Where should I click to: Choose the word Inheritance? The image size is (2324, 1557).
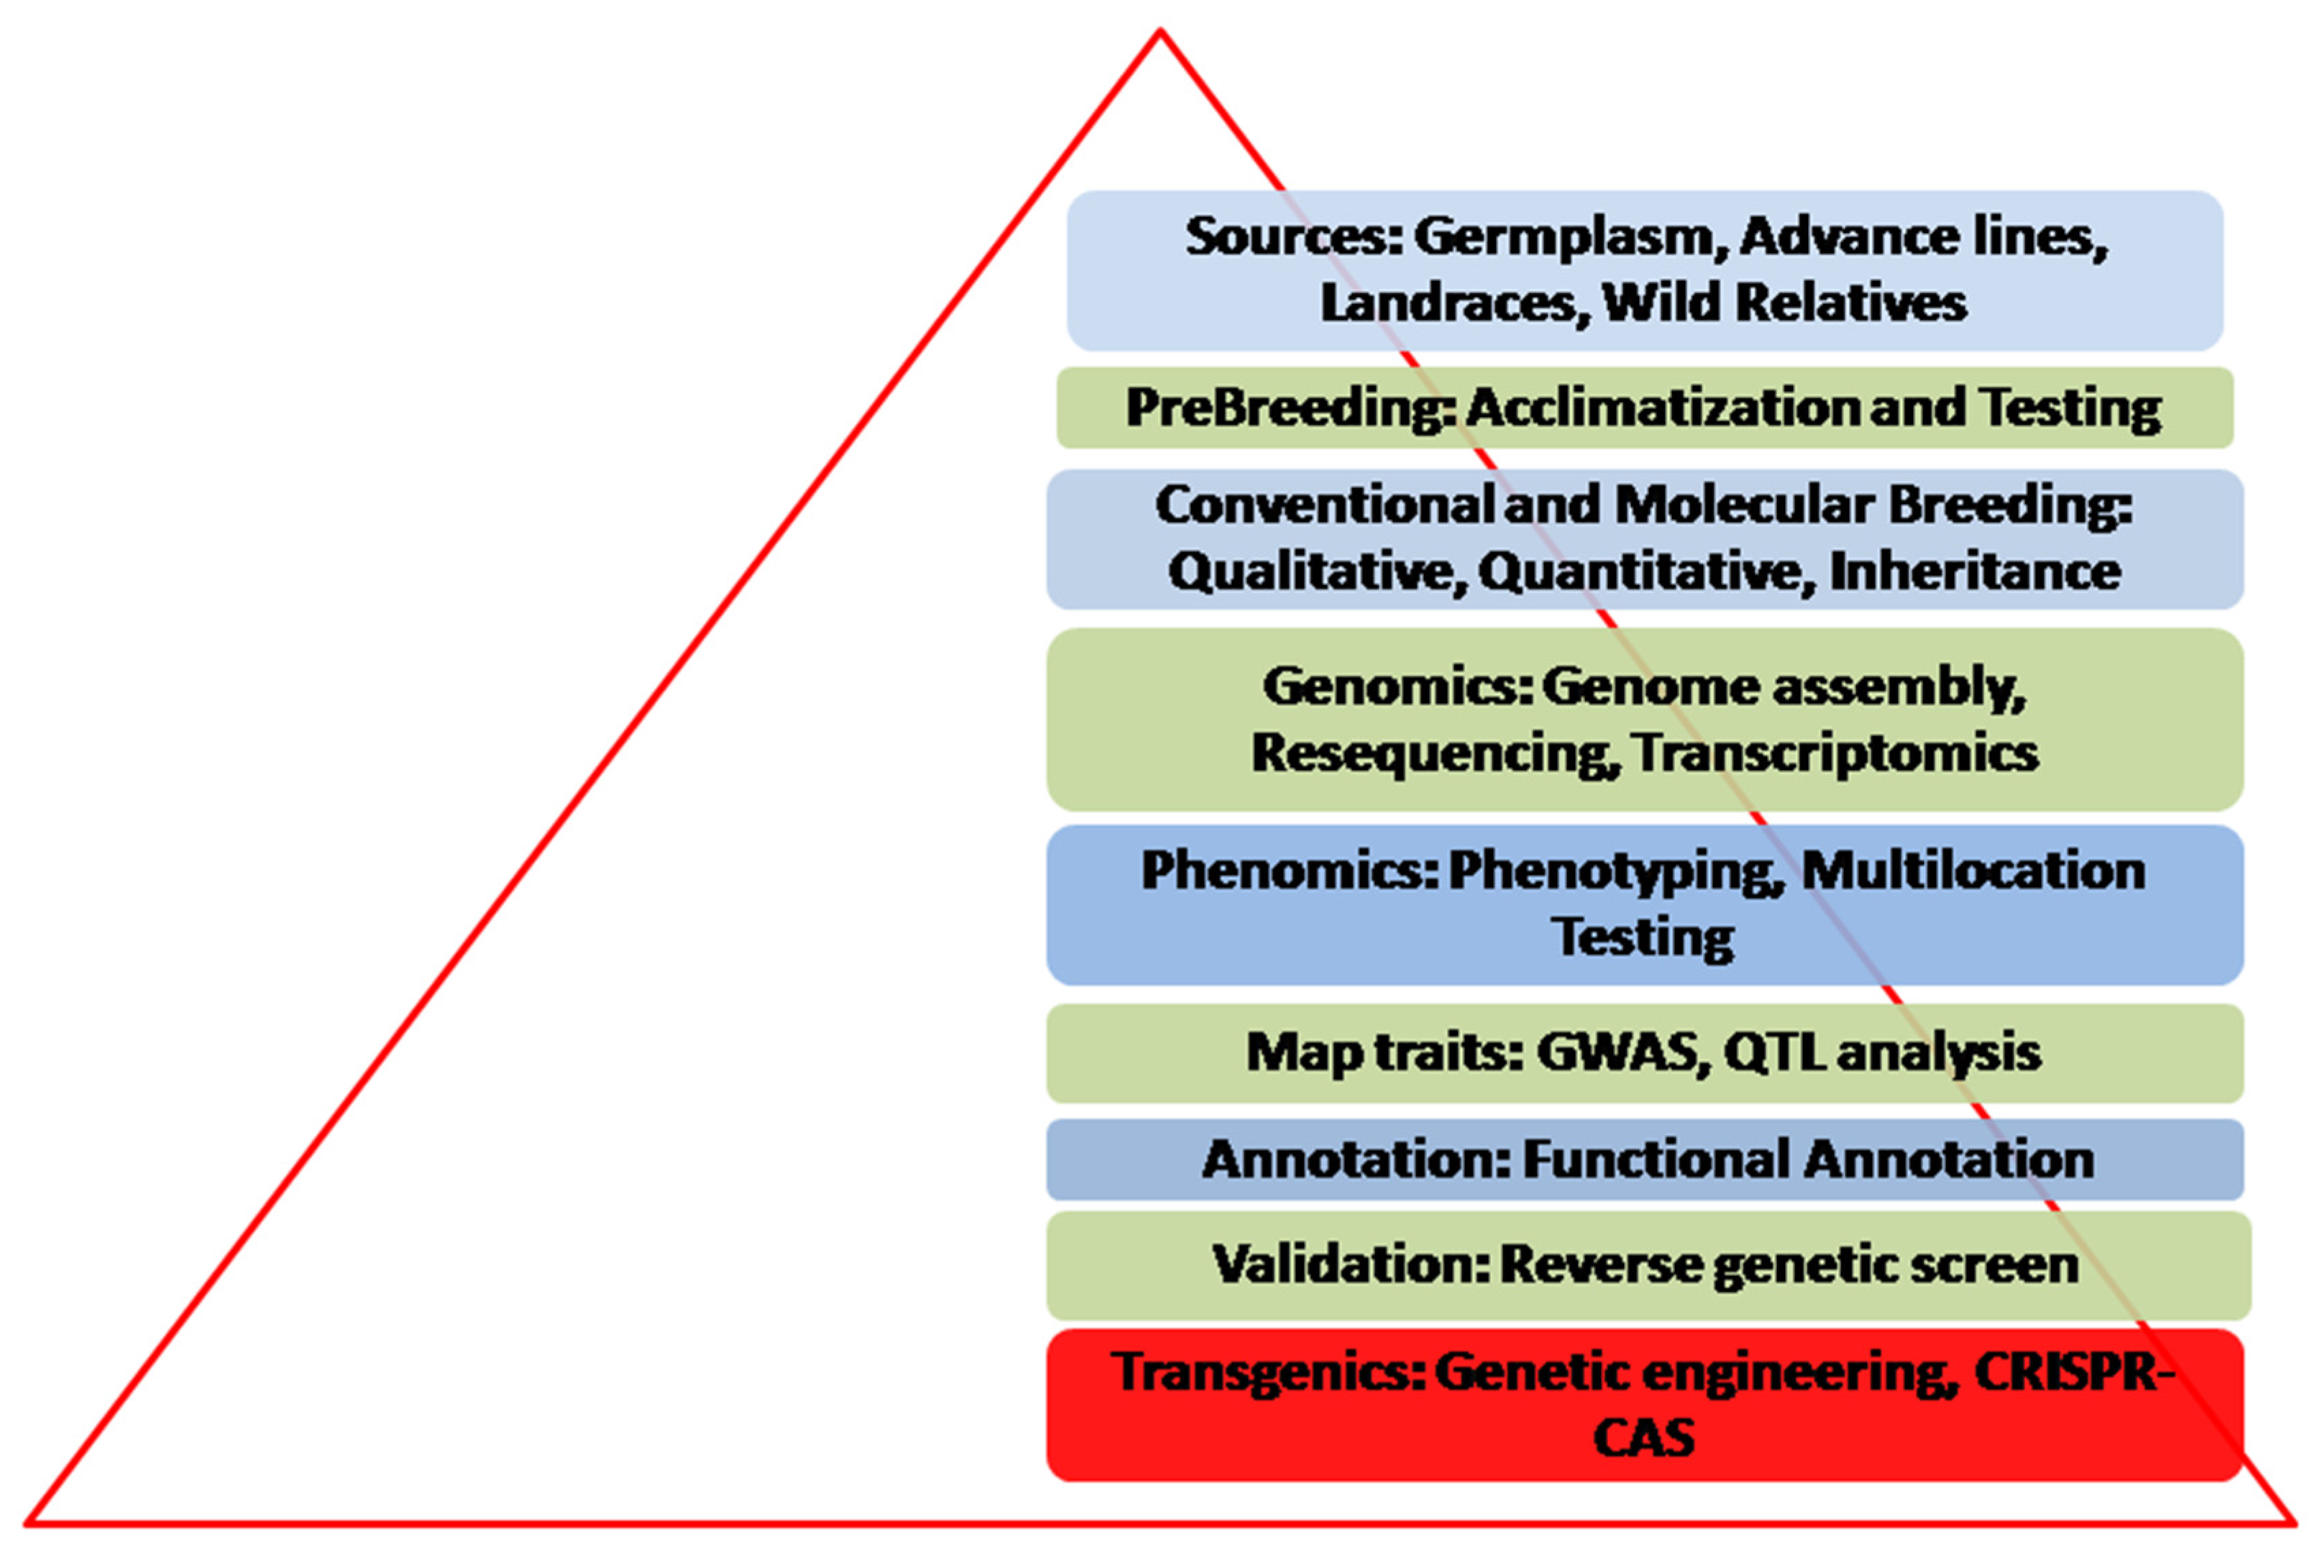[1974, 572]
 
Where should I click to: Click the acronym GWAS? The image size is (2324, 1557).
[1622, 1053]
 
